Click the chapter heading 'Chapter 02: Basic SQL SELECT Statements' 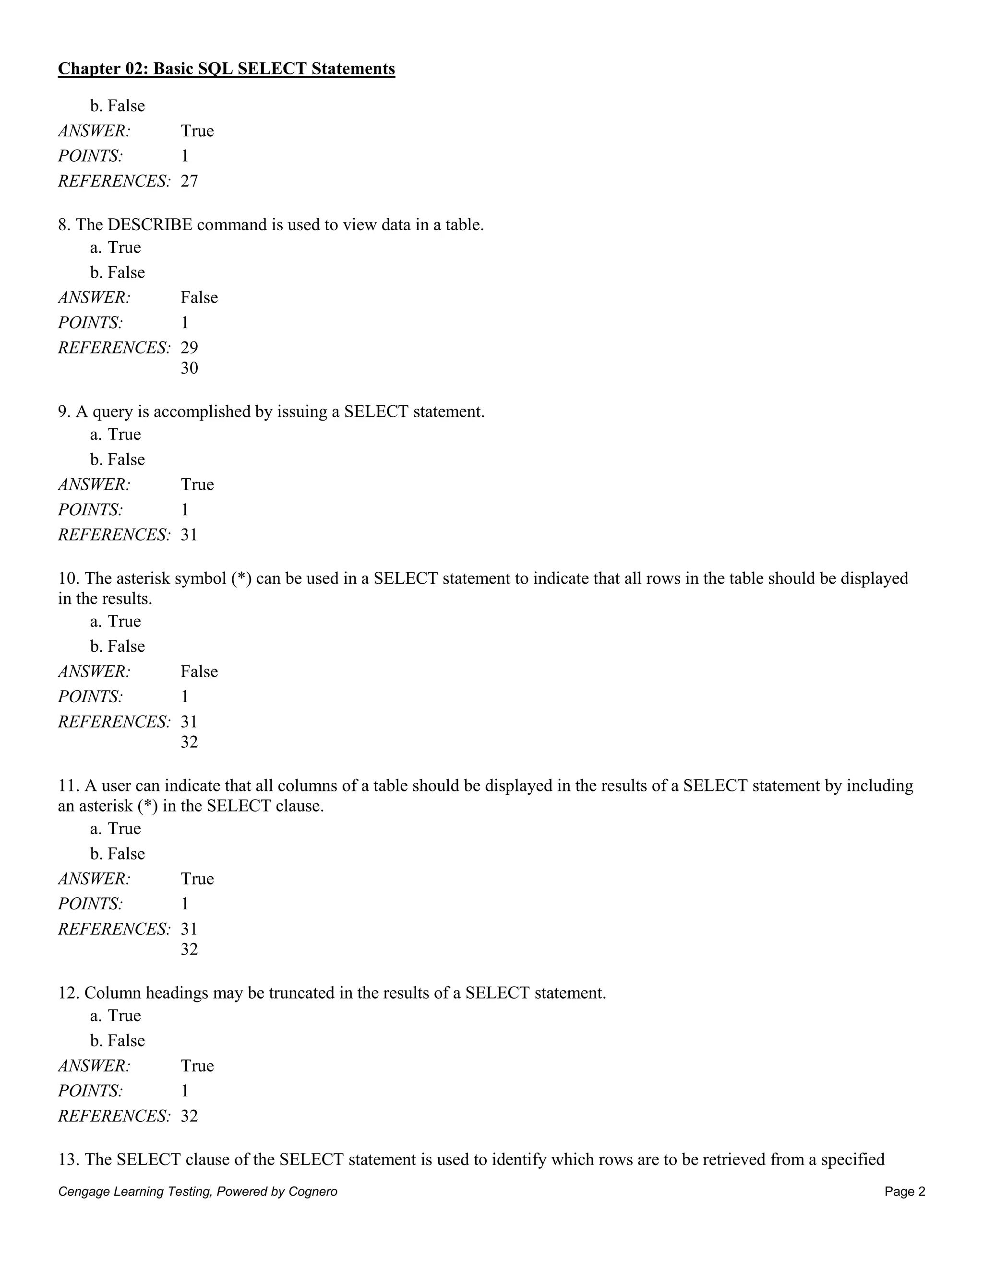pos(226,69)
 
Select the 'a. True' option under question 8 pos(115,247)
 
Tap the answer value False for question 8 pos(199,297)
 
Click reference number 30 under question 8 pos(189,368)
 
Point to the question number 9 pos(64,412)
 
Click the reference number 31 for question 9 pos(189,534)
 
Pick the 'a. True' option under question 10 pos(115,621)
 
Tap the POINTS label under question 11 pos(90,903)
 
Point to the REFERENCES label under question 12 pos(114,1116)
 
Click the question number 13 pos(68,1159)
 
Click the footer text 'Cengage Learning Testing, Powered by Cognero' pos(197,1191)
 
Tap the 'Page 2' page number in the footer pos(904,1191)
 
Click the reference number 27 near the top pos(189,181)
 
